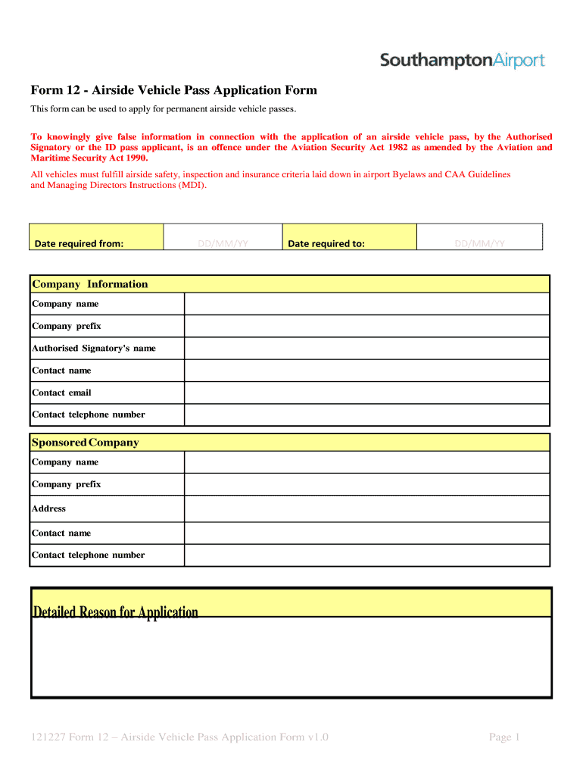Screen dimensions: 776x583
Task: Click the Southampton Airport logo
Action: coord(462,61)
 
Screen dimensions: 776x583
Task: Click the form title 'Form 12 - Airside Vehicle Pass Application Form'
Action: coord(173,91)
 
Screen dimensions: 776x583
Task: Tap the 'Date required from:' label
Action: coord(79,243)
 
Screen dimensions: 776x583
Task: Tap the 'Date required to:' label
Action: coord(326,243)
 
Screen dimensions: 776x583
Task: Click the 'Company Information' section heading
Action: coord(89,284)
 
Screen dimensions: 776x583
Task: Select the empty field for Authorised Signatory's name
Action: coord(367,349)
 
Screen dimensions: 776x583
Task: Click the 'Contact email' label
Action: coord(61,393)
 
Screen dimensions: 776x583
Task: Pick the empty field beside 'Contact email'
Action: coord(367,393)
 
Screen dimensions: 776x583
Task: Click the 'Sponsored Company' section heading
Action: coord(85,443)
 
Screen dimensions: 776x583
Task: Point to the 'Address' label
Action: coord(48,508)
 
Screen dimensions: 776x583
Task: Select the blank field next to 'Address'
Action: coord(367,508)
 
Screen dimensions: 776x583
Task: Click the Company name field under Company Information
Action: coord(367,304)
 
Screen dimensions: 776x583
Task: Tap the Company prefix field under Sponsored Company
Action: coord(367,484)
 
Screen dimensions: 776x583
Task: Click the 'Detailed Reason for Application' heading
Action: coord(115,612)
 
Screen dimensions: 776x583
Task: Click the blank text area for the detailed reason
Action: coord(291,657)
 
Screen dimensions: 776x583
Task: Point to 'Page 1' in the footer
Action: coord(504,737)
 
